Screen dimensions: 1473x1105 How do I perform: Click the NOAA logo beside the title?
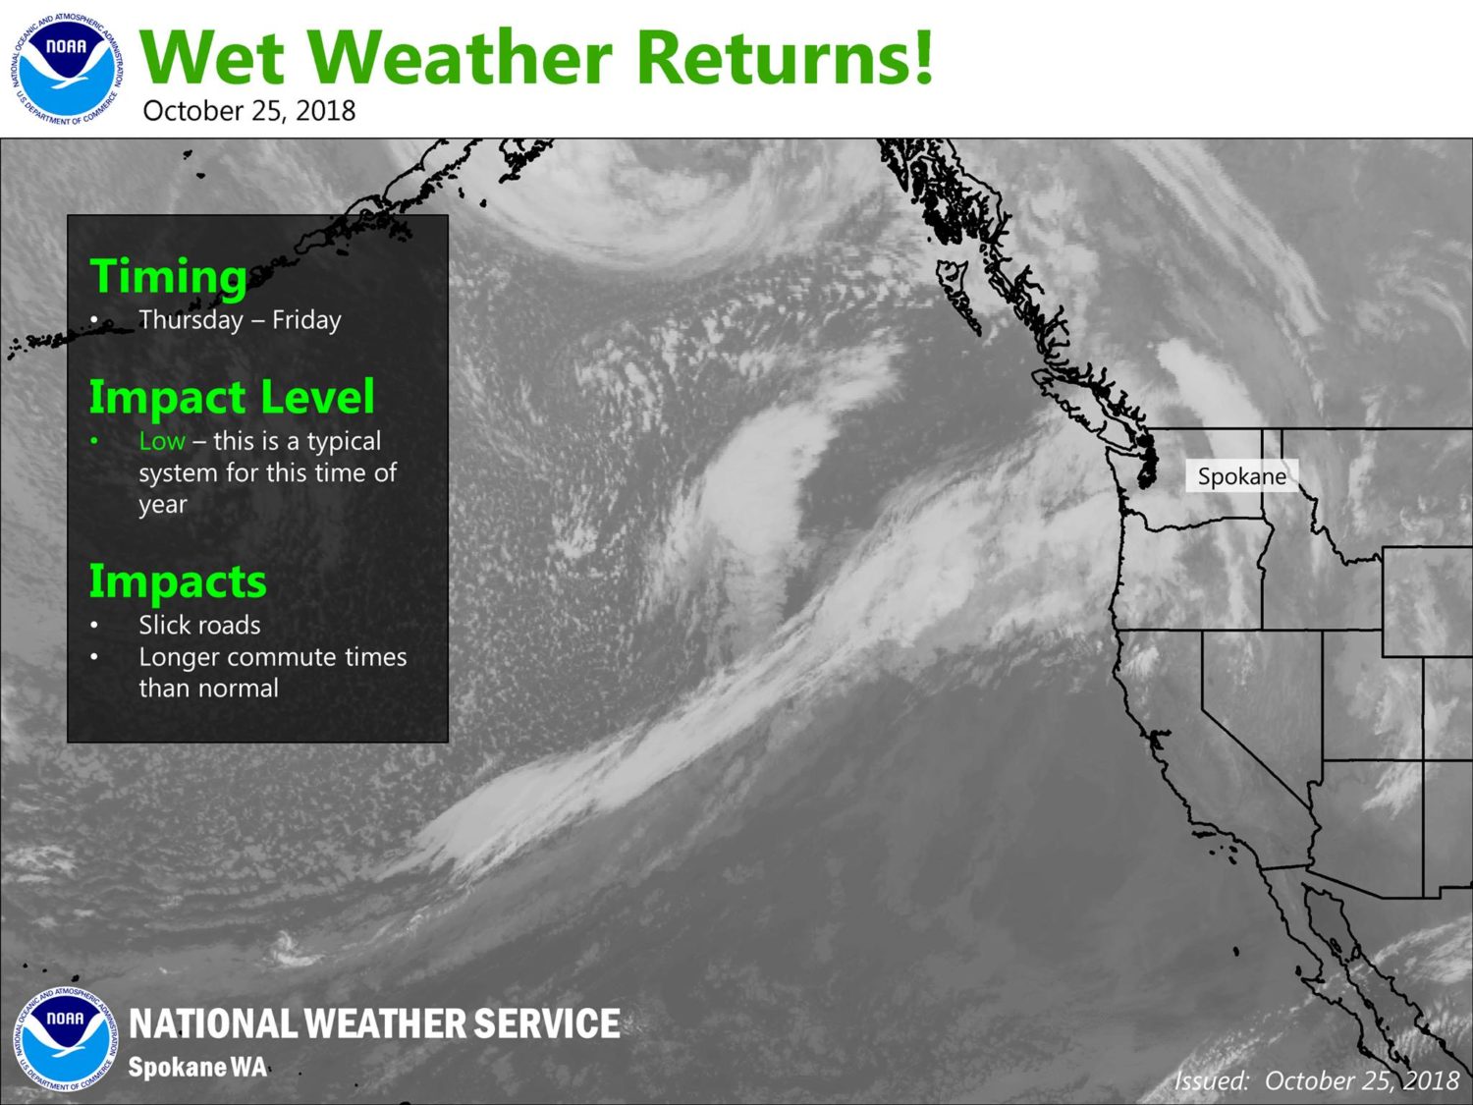point(67,69)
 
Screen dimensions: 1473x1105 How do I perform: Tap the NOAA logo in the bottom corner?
point(65,1038)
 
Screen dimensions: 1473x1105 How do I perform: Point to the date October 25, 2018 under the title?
point(249,111)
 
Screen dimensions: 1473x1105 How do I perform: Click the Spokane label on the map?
point(1242,476)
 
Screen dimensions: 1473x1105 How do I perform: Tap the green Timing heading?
point(169,276)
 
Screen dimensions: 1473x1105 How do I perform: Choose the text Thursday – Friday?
point(240,320)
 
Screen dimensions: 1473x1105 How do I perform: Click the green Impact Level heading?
point(232,397)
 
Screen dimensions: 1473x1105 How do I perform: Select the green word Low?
point(162,441)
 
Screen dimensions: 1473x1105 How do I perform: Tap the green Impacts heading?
point(178,581)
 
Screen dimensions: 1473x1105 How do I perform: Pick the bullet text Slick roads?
point(199,626)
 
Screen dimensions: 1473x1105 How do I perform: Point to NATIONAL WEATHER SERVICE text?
point(374,1023)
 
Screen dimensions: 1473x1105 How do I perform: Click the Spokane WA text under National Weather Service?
point(197,1067)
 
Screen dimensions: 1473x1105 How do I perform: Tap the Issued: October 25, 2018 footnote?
point(1317,1080)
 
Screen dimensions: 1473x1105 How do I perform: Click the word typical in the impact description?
point(344,442)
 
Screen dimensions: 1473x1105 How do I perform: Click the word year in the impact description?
point(163,505)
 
